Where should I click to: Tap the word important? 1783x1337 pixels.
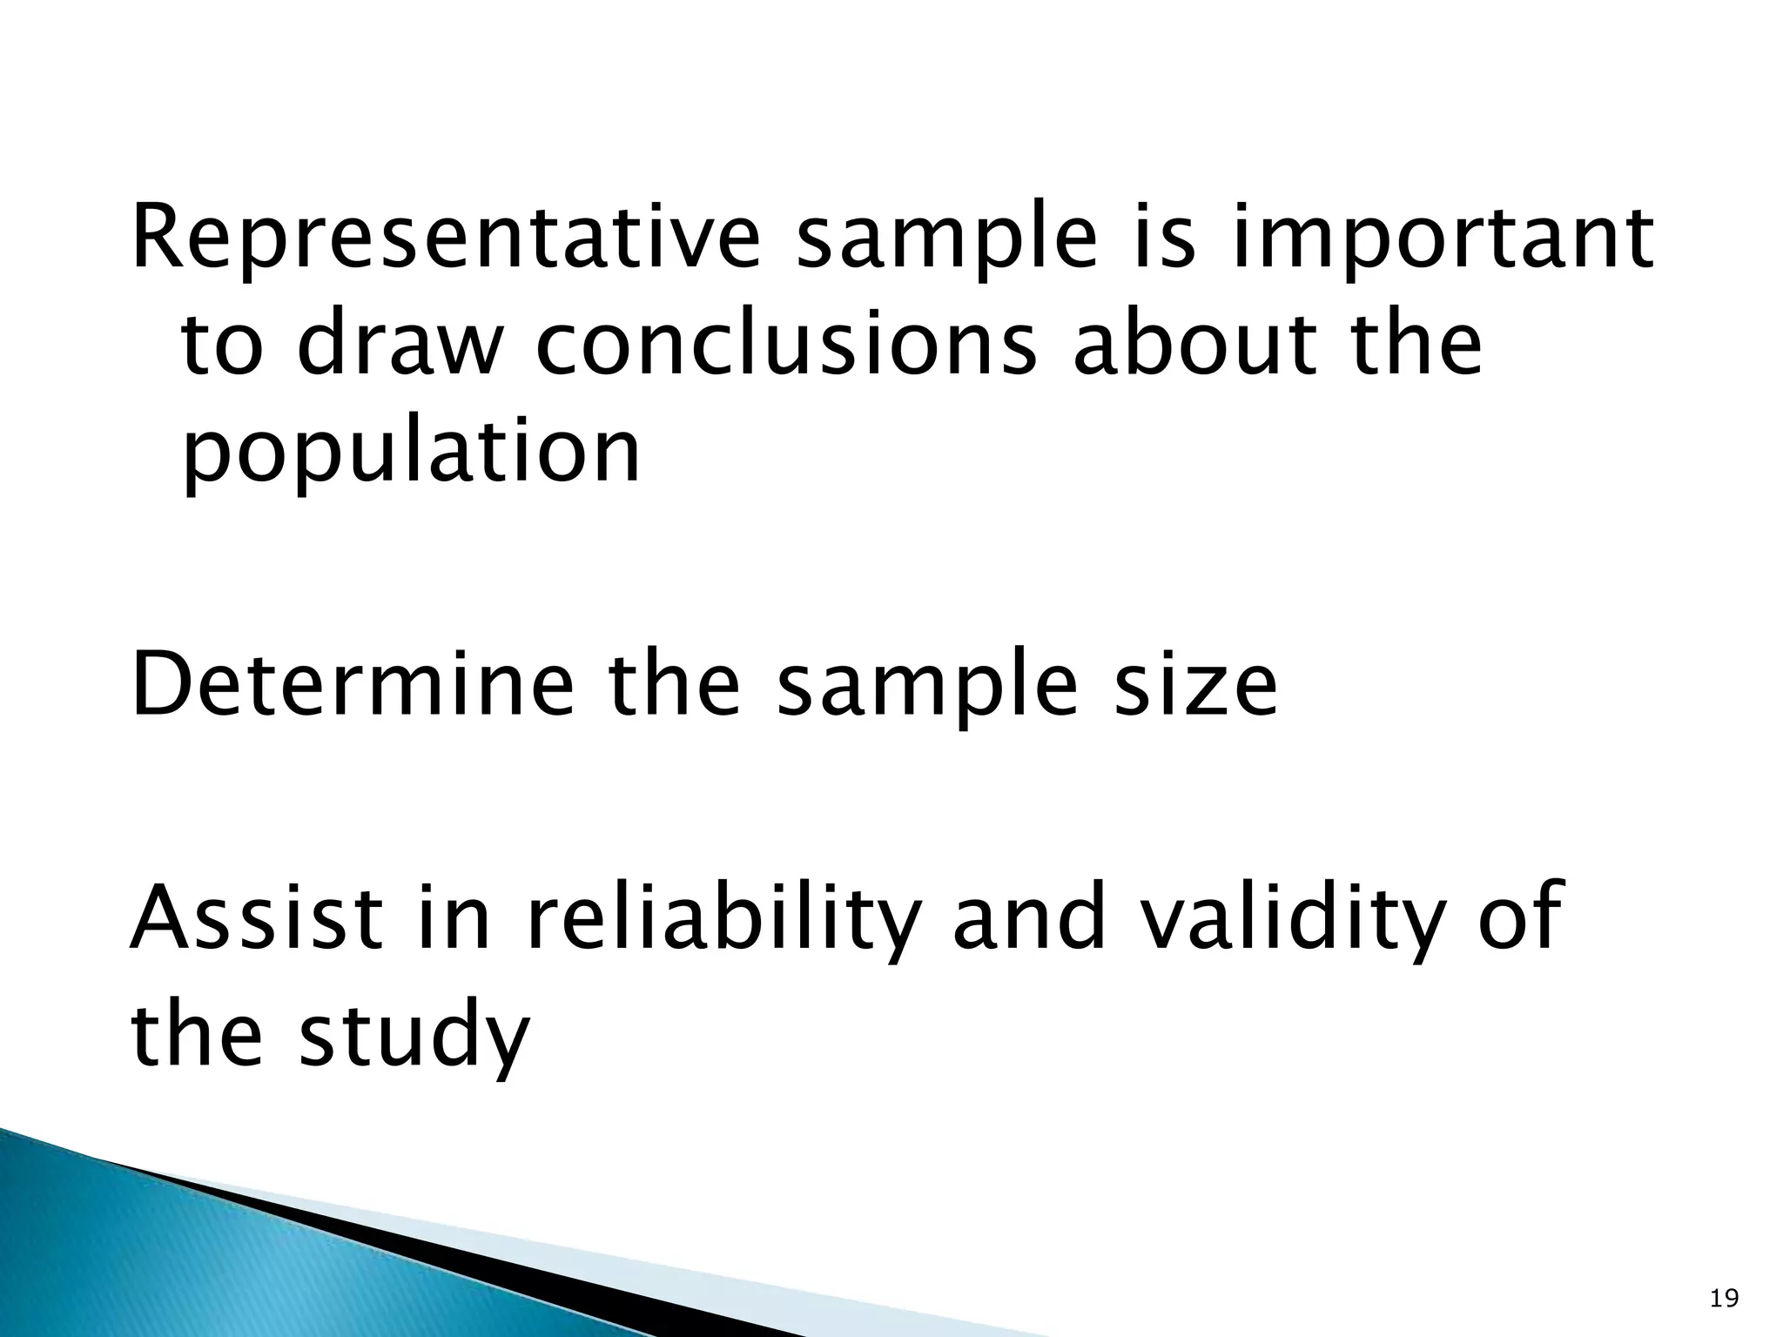(x=1442, y=240)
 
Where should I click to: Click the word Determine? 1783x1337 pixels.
(x=353, y=686)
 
